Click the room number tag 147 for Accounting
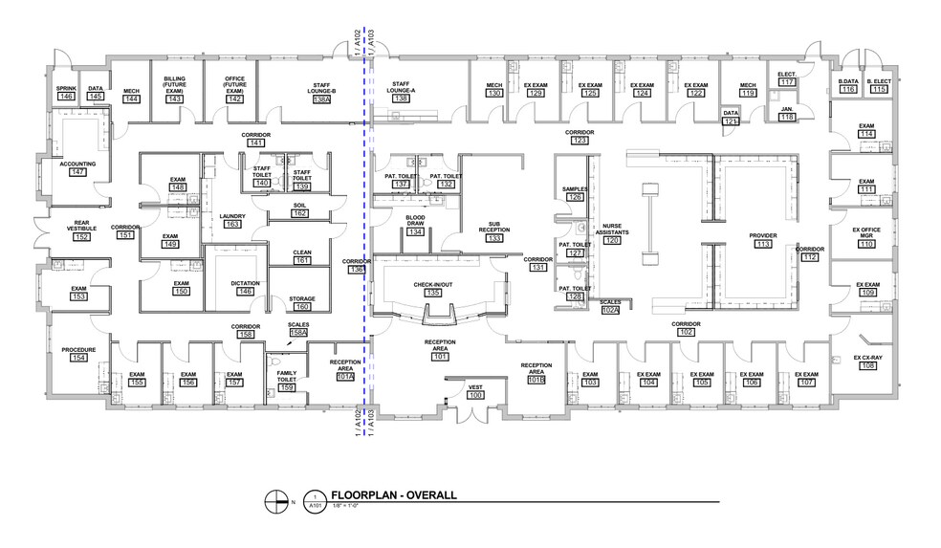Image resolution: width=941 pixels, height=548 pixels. point(77,172)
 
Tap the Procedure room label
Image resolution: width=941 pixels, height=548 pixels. point(77,350)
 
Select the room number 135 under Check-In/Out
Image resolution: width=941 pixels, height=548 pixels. point(433,293)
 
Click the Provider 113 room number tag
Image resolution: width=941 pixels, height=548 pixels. point(762,244)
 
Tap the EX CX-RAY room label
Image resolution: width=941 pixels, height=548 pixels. point(867,357)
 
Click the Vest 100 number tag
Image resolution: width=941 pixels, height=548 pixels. point(475,395)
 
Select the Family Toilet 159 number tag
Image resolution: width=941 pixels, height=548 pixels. point(287,387)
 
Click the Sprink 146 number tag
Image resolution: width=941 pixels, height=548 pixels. point(66,97)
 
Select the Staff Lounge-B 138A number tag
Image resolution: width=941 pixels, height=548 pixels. point(321,99)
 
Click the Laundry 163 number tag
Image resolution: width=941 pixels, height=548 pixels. point(232,224)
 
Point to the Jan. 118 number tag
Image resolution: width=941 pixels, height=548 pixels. point(786,117)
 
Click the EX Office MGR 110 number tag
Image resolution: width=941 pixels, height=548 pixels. point(866,245)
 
